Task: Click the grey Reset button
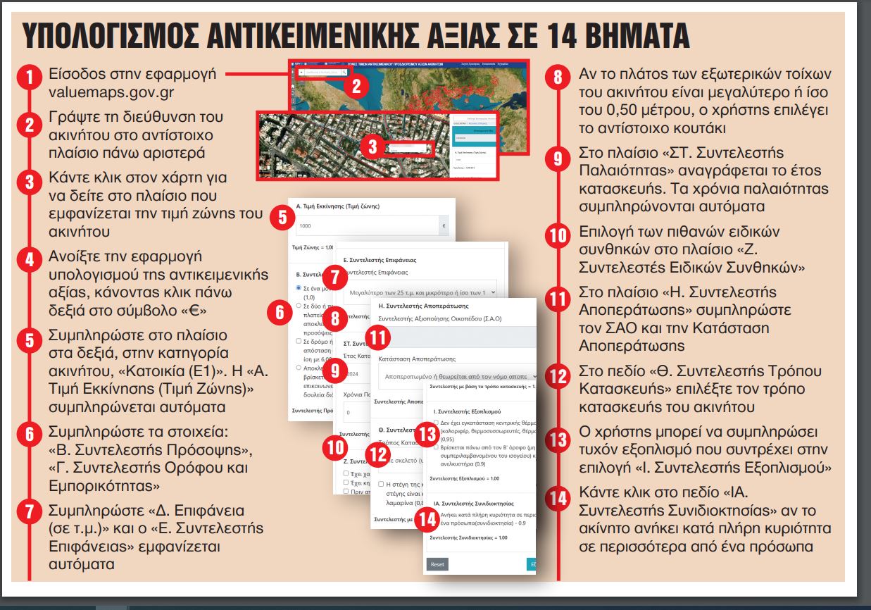tap(437, 565)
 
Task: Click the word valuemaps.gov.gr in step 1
tap(104, 92)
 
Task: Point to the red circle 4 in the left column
tap(30, 259)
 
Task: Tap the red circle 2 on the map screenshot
tap(356, 86)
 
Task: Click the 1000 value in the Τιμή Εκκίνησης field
tap(305, 227)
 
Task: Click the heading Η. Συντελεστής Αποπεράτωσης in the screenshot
tap(423, 306)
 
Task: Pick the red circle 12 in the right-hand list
tap(558, 375)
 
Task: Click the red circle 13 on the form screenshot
tap(426, 433)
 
